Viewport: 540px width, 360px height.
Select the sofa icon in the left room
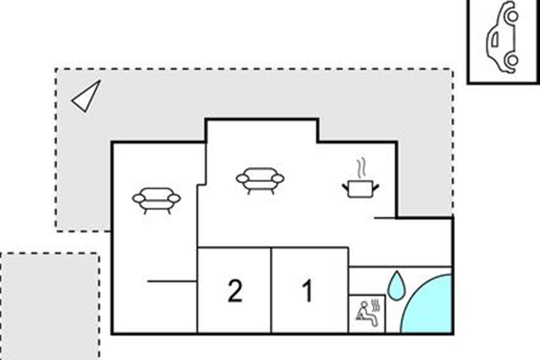pos(156,200)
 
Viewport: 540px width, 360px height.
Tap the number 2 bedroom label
pos(235,291)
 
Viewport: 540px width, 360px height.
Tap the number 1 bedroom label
pos(308,291)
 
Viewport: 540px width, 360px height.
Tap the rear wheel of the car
pos(512,59)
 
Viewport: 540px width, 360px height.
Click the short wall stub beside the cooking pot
pos(385,218)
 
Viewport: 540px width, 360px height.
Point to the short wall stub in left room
pos(171,281)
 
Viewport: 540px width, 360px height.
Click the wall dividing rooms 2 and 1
pos(271,290)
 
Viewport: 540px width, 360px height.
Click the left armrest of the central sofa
pos(242,179)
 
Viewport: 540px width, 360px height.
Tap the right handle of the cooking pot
pos(375,185)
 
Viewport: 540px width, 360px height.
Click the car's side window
pos(495,40)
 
